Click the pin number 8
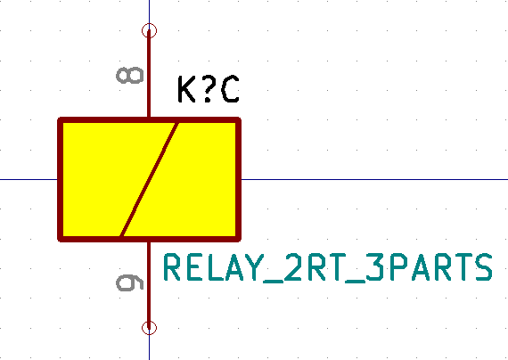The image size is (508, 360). (x=129, y=76)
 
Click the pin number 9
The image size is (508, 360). (x=129, y=282)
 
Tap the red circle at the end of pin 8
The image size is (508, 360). (x=150, y=31)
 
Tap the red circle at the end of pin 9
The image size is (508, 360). (x=150, y=328)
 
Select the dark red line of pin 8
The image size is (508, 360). (x=149, y=74)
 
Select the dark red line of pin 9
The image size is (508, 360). (x=149, y=285)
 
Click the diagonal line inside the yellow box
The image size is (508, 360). (x=149, y=179)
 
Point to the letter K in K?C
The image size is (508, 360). (x=186, y=89)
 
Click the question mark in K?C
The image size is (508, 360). (x=208, y=89)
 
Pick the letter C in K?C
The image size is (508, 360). (x=230, y=89)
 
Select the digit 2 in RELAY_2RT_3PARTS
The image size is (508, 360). (x=293, y=267)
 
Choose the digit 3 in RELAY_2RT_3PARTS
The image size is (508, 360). (x=375, y=267)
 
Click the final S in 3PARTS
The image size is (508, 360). (x=483, y=267)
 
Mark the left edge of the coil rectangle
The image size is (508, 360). (x=61, y=179)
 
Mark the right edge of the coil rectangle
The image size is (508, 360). (x=239, y=179)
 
